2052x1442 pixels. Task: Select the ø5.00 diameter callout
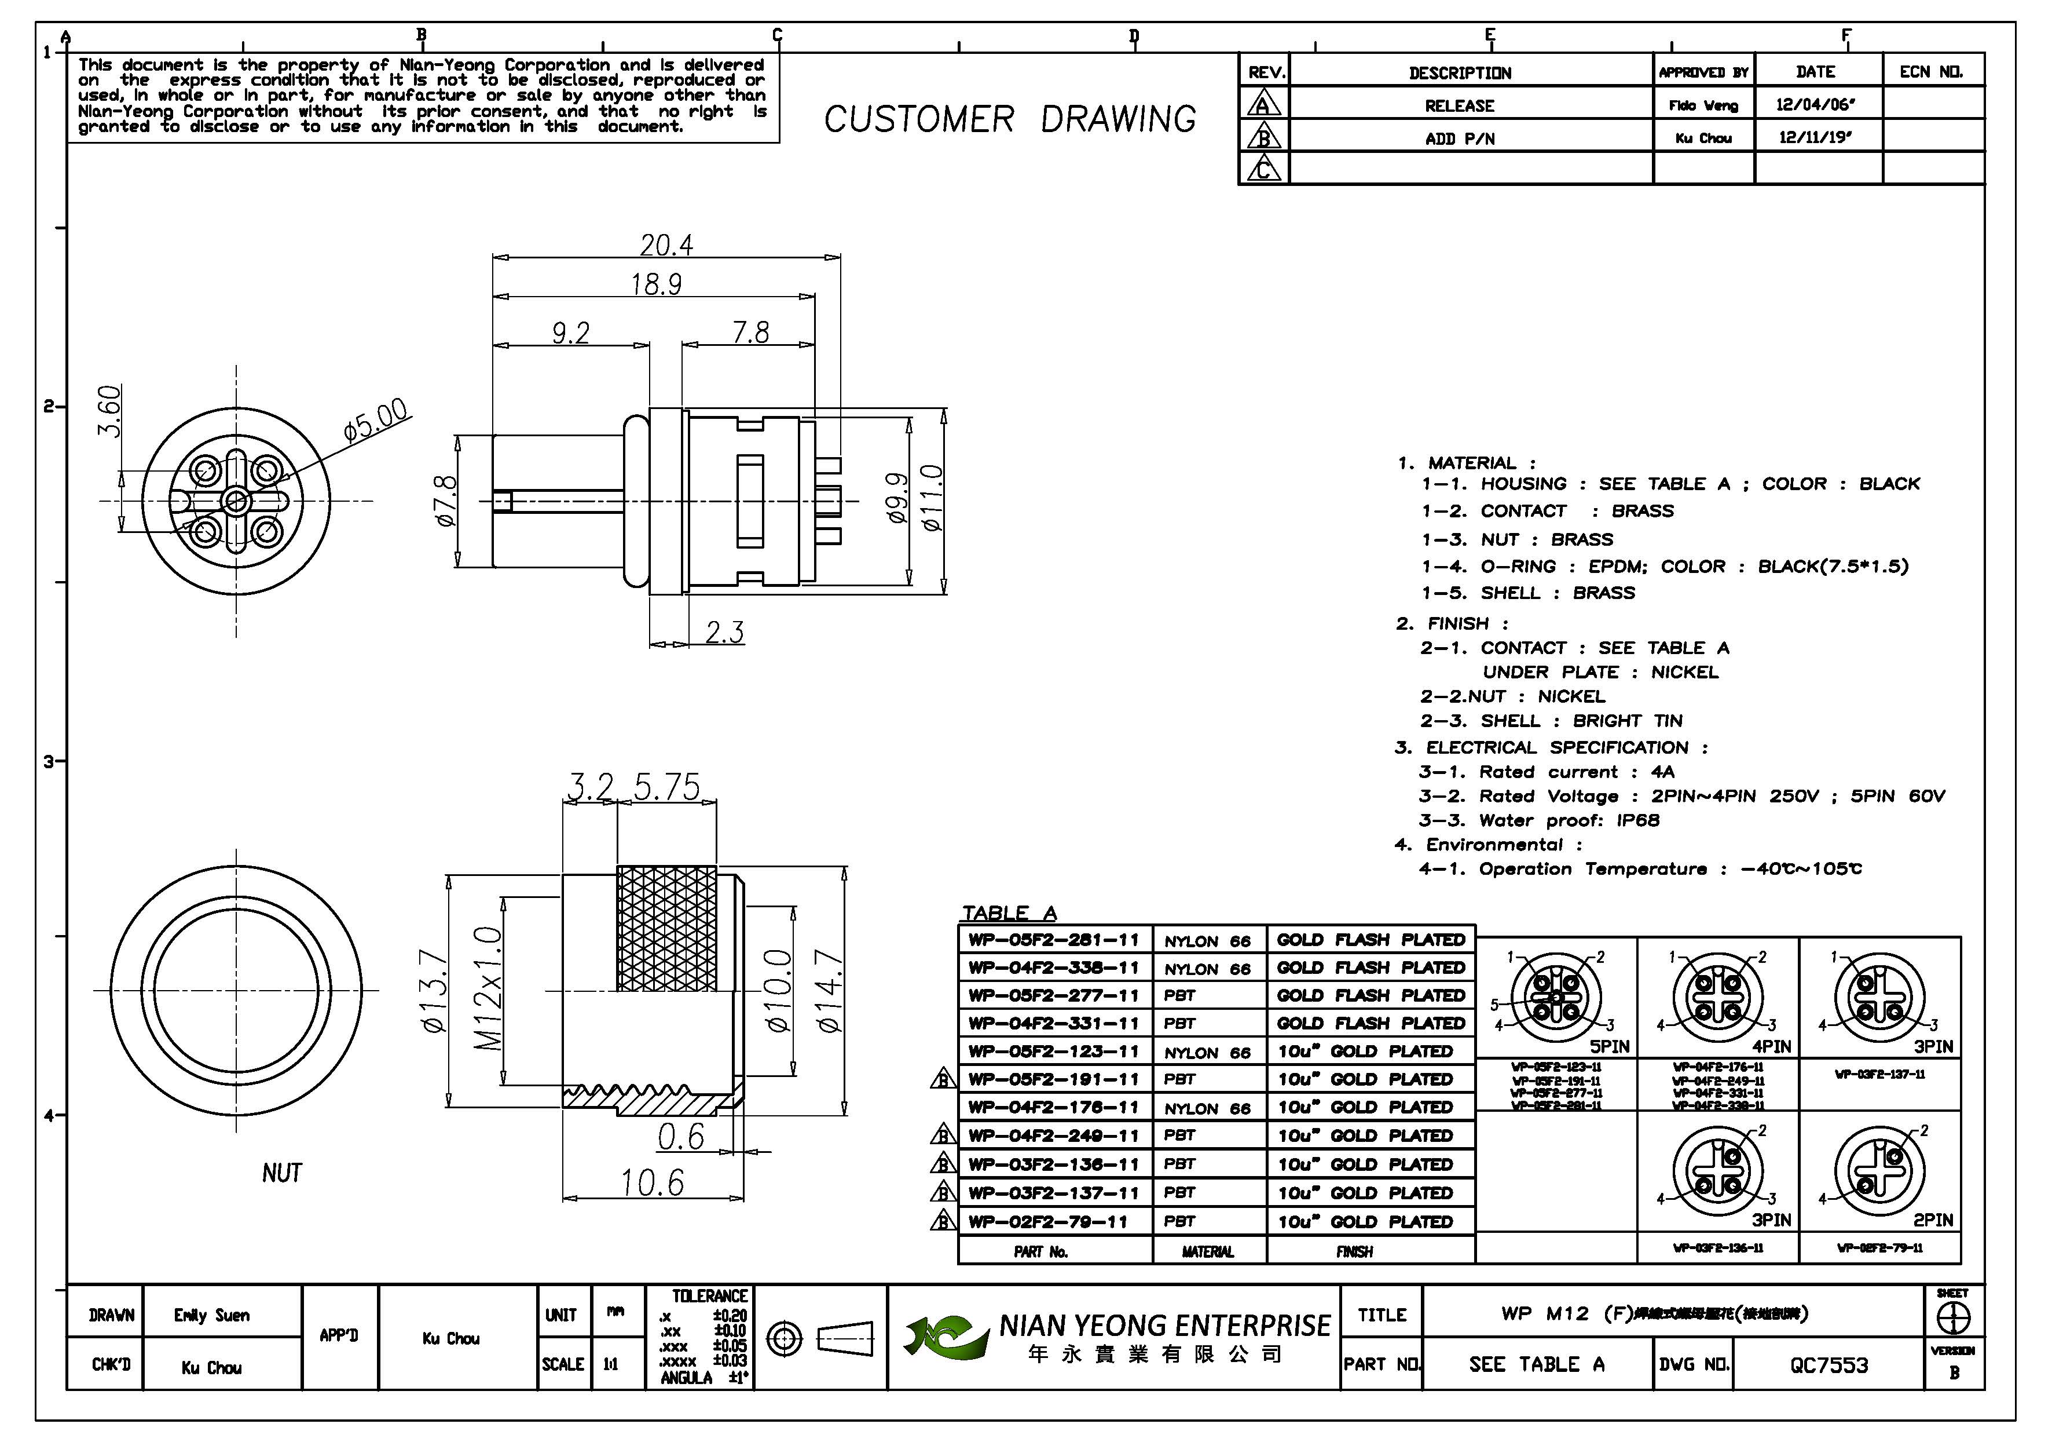tap(375, 420)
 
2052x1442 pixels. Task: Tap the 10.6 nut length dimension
tap(653, 1183)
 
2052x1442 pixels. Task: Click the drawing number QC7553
tap(1829, 1365)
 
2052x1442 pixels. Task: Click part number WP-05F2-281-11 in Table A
tap(1054, 940)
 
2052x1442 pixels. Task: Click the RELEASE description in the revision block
tap(1460, 105)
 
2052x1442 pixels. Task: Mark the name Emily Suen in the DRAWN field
tap(212, 1315)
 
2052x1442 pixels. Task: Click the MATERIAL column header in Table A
tap(1207, 1251)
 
